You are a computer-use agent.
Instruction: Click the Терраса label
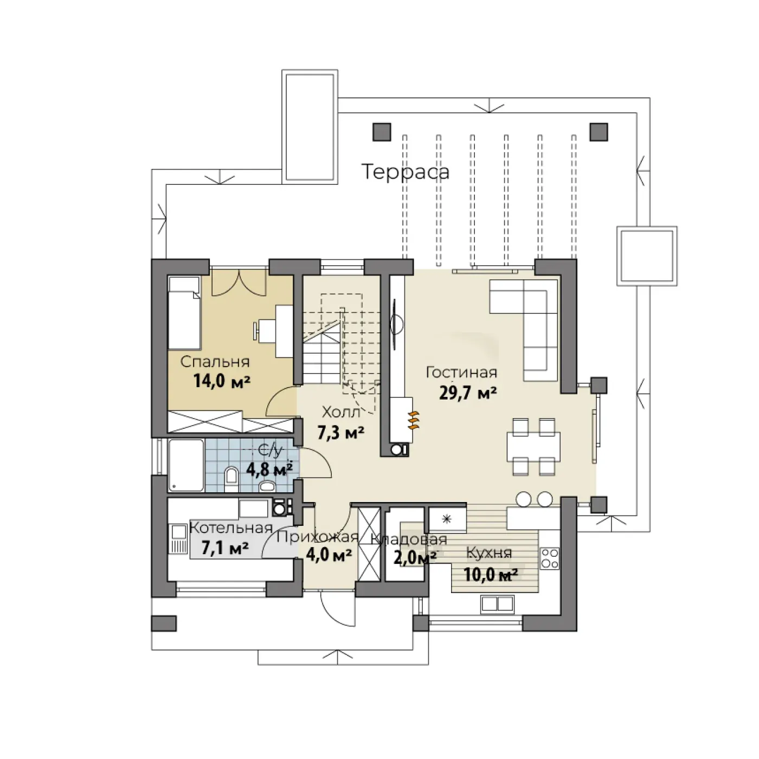[x=406, y=172]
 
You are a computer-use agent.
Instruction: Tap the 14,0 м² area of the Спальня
[x=222, y=381]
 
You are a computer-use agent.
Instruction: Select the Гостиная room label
[x=461, y=372]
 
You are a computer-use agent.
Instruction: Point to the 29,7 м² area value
[x=467, y=393]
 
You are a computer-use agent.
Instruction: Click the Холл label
[x=341, y=413]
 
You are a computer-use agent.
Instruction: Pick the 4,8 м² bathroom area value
[x=269, y=469]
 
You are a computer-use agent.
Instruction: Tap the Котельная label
[x=231, y=528]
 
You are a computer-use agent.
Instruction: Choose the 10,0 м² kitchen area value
[x=491, y=575]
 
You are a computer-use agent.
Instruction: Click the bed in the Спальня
[x=184, y=313]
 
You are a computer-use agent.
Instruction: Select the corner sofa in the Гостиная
[x=524, y=330]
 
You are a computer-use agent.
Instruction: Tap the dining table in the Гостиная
[x=533, y=447]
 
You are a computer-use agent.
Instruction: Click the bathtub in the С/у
[x=186, y=466]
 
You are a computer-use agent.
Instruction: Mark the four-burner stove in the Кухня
[x=549, y=558]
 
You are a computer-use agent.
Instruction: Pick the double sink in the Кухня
[x=498, y=604]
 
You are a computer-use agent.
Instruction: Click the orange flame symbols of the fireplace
[x=414, y=421]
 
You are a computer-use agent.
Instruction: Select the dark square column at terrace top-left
[x=382, y=132]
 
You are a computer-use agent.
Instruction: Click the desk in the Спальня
[x=284, y=331]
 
